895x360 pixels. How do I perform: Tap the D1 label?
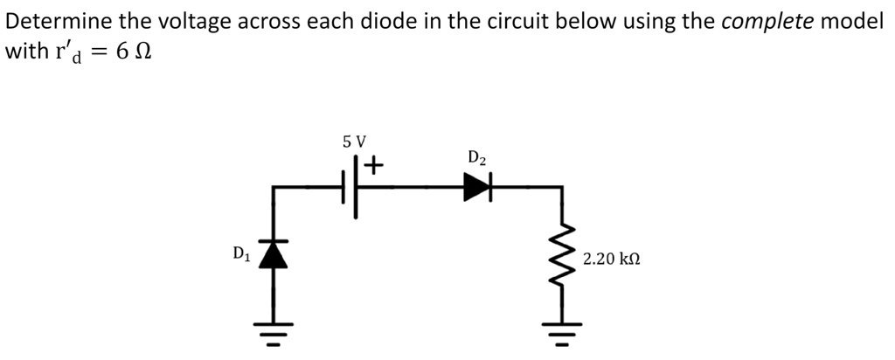coord(241,254)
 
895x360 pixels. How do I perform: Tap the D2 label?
coord(477,158)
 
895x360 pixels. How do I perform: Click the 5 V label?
coord(354,141)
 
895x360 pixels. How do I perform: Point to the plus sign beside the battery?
coord(374,164)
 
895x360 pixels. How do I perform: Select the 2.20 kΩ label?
coord(612,260)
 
